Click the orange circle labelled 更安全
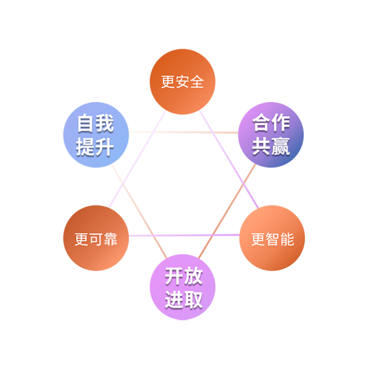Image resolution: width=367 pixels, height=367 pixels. [x=183, y=81]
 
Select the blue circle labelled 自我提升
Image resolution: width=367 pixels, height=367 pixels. [x=96, y=135]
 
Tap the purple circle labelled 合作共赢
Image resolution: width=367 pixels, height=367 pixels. [x=271, y=135]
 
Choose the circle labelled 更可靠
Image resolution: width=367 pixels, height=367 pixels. [x=96, y=238]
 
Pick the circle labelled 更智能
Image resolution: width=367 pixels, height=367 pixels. [x=272, y=238]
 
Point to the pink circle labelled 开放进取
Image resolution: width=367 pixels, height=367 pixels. [x=183, y=287]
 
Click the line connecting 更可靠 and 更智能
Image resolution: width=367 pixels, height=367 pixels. [x=184, y=235]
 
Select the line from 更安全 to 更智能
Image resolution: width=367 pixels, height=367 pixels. [x=229, y=159]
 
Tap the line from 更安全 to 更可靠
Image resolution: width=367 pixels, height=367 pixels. [x=137, y=159]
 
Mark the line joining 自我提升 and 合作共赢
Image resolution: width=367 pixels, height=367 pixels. [x=183, y=132]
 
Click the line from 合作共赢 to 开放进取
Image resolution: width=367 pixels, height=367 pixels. [x=228, y=211]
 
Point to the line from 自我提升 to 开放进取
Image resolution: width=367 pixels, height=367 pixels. [x=139, y=212]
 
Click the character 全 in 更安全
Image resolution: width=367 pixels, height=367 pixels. [x=197, y=82]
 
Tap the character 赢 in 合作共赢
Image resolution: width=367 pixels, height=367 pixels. [x=281, y=147]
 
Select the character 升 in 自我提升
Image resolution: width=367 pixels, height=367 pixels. [x=104, y=147]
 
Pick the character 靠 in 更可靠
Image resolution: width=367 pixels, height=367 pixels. [x=111, y=239]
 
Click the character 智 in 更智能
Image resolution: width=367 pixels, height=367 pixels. [x=273, y=239]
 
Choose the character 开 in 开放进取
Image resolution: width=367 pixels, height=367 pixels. [x=174, y=276]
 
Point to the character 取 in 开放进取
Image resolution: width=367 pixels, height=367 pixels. [x=193, y=300]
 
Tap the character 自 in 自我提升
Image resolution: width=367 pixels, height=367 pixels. [x=86, y=123]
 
